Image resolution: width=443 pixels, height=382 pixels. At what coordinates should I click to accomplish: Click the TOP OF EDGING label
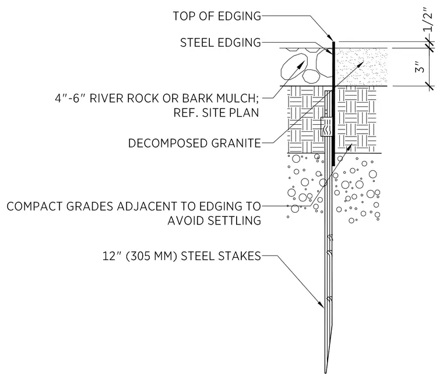217,16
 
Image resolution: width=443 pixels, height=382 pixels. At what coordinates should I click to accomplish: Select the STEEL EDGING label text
221,43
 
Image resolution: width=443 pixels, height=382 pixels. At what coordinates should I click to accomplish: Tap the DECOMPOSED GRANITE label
195,143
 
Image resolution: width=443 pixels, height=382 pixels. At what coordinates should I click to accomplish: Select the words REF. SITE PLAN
216,113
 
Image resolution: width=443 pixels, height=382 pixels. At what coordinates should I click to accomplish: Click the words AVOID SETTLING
215,220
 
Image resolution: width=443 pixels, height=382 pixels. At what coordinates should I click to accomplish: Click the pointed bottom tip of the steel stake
325,373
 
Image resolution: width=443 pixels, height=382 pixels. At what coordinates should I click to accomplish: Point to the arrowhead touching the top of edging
330,37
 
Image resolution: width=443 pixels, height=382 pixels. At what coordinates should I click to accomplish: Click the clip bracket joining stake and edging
326,127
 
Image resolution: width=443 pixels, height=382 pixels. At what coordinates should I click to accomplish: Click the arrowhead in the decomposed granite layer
360,64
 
